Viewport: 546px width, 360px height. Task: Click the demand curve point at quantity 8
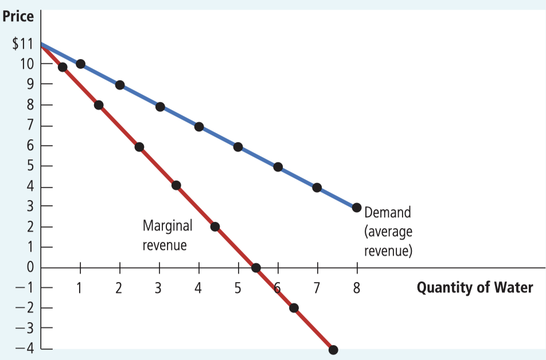point(356,208)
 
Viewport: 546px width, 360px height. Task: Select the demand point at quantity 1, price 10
point(80,64)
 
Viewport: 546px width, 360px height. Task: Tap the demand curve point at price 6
point(238,147)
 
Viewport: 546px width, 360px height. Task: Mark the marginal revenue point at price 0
point(256,268)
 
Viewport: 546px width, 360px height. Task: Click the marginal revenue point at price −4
point(333,350)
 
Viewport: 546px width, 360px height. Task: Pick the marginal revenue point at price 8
point(99,105)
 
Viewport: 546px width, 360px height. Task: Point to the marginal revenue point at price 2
point(215,226)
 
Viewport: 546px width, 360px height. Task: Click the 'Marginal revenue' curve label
point(167,236)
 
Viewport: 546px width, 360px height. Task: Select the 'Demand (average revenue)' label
point(388,232)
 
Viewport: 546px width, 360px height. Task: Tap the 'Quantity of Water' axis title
point(474,287)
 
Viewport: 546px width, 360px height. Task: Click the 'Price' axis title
point(18,16)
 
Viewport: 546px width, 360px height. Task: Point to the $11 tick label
point(22,44)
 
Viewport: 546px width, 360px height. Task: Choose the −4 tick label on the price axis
point(23,349)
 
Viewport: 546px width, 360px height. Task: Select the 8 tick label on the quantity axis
point(356,288)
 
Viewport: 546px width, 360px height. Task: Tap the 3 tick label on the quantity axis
point(159,288)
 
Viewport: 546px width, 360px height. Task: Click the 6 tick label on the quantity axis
point(278,288)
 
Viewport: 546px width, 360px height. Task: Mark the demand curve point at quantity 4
point(199,126)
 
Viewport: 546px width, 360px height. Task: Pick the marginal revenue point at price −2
point(294,308)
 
